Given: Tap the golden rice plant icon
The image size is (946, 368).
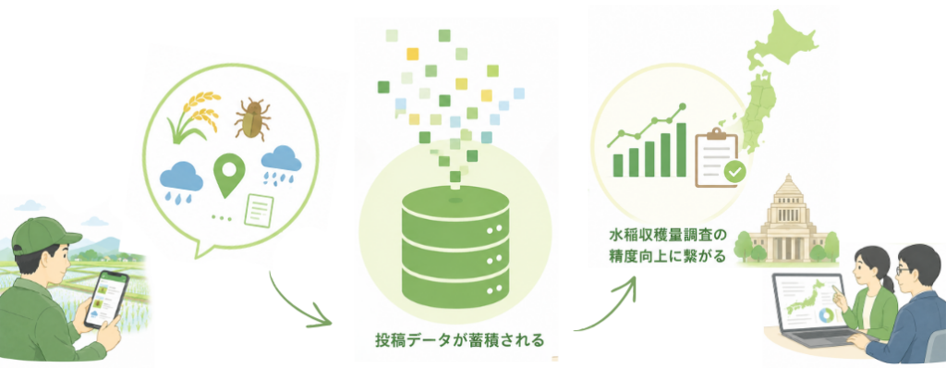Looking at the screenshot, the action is [193, 117].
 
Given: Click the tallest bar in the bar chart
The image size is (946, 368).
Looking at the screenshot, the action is [681, 150].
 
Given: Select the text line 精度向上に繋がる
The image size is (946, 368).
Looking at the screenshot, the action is [666, 255].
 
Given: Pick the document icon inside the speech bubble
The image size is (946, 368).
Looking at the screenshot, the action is [259, 210].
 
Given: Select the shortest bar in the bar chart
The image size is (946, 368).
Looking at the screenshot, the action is [618, 165].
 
